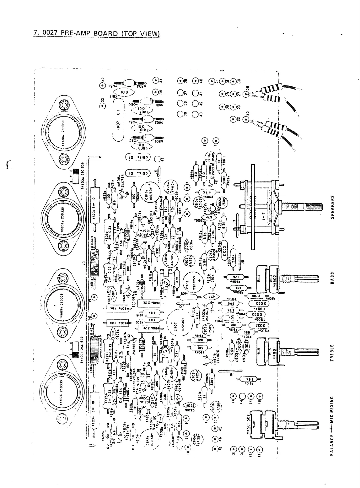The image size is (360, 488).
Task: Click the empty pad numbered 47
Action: (159, 160)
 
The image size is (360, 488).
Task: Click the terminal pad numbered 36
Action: (180, 81)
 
